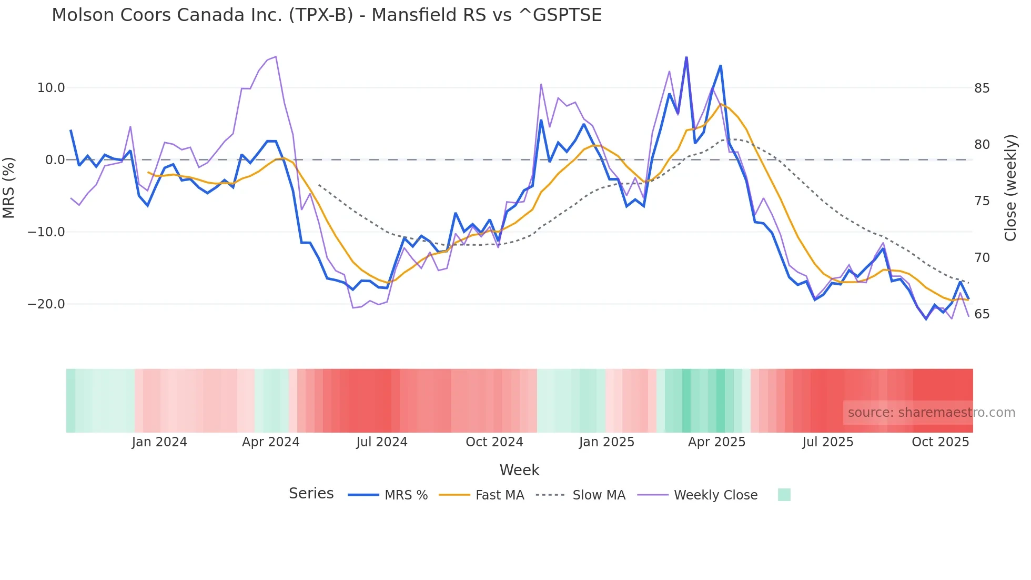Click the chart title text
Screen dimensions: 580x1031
(x=326, y=15)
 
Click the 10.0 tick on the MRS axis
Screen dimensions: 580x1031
(x=51, y=88)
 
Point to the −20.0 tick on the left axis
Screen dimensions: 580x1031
(x=47, y=304)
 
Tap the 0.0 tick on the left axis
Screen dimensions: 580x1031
(x=55, y=160)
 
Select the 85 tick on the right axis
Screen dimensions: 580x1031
(x=982, y=88)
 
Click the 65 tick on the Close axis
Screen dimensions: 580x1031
(x=982, y=314)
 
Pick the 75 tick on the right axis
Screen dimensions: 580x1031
(x=982, y=201)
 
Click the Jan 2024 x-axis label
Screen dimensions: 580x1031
(x=159, y=442)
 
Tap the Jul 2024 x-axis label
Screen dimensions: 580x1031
(x=382, y=442)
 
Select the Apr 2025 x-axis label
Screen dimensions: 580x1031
(x=716, y=442)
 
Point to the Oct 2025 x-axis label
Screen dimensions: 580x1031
(x=940, y=442)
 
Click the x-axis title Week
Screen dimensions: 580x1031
(x=519, y=470)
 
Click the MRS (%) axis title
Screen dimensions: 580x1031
(x=9, y=187)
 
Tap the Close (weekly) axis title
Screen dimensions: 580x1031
(x=1010, y=188)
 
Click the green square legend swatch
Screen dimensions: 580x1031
(x=784, y=495)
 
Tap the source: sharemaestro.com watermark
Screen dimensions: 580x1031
(x=931, y=413)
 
